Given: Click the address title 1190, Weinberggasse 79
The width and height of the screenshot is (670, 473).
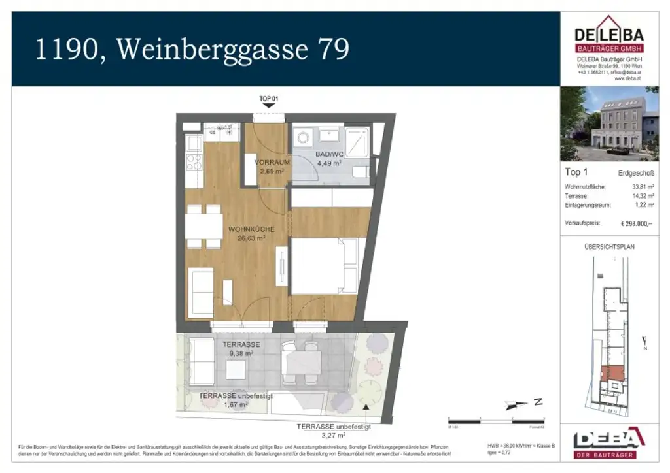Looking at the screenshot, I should pyautogui.click(x=191, y=50).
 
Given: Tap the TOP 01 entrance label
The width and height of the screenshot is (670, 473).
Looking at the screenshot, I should pyautogui.click(x=269, y=99).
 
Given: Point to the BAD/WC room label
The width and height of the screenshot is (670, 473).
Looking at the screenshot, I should pyautogui.click(x=330, y=154).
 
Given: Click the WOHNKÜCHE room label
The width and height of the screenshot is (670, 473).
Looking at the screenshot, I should pyautogui.click(x=251, y=229).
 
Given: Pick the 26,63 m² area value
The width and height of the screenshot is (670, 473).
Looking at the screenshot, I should pyautogui.click(x=252, y=238).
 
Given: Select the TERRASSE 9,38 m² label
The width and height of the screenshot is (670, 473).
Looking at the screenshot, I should pyautogui.click(x=241, y=349).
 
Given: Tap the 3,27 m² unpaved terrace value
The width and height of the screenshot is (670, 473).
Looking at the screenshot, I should pyautogui.click(x=334, y=434).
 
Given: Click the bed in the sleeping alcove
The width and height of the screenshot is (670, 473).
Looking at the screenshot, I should pyautogui.click(x=325, y=267).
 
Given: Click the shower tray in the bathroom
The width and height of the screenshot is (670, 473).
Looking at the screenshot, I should pyautogui.click(x=357, y=141).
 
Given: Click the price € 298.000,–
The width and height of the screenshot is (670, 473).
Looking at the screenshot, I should pyautogui.click(x=636, y=223).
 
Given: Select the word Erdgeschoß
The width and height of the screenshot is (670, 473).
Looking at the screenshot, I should pyautogui.click(x=635, y=173).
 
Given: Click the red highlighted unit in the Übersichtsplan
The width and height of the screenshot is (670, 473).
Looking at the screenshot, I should pyautogui.click(x=614, y=374).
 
